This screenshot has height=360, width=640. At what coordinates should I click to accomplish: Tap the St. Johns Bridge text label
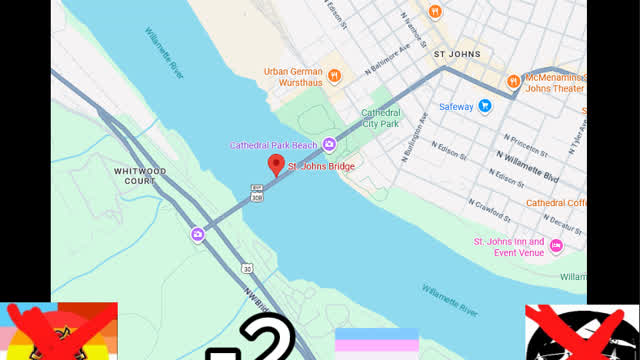(321, 165)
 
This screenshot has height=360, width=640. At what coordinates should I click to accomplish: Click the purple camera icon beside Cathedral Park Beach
(329, 146)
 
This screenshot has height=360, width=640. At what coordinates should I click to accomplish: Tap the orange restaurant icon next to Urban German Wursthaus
(337, 73)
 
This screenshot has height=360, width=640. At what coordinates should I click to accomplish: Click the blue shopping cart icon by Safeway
(485, 106)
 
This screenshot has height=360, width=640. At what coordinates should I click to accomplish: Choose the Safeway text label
(458, 106)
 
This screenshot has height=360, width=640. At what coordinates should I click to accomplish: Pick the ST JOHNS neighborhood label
(457, 54)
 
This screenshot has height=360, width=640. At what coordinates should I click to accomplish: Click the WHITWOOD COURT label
(140, 176)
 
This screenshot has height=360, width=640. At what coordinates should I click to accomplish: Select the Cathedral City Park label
(380, 118)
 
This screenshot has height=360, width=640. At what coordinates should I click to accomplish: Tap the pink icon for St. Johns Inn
(556, 246)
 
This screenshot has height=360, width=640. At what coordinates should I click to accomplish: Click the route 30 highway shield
(245, 268)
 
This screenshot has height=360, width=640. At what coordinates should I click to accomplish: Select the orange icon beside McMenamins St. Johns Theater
(513, 81)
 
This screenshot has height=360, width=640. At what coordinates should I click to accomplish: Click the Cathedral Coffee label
(557, 202)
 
